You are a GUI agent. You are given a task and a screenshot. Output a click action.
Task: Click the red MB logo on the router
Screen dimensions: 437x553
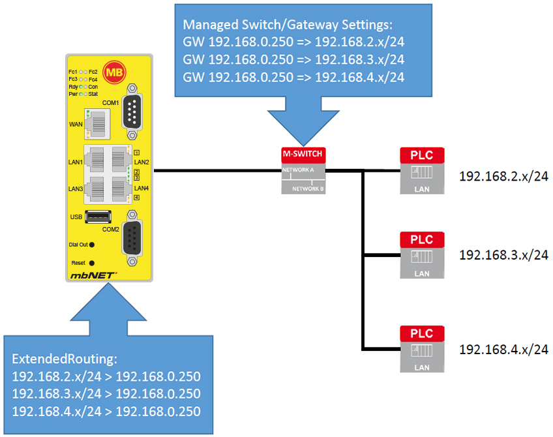(115, 72)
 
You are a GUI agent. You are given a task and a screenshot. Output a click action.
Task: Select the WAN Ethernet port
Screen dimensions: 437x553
(98, 125)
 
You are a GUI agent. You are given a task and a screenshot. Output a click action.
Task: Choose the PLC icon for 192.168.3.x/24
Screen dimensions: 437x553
(421, 254)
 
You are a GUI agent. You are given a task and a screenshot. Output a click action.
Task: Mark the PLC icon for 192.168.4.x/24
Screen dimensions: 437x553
(421, 349)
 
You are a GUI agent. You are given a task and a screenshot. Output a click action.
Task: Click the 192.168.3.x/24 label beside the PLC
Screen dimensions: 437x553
(503, 255)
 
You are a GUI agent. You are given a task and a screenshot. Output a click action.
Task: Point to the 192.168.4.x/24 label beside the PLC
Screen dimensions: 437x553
(503, 350)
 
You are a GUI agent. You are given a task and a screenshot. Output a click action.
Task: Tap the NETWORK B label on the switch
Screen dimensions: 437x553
(308, 188)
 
